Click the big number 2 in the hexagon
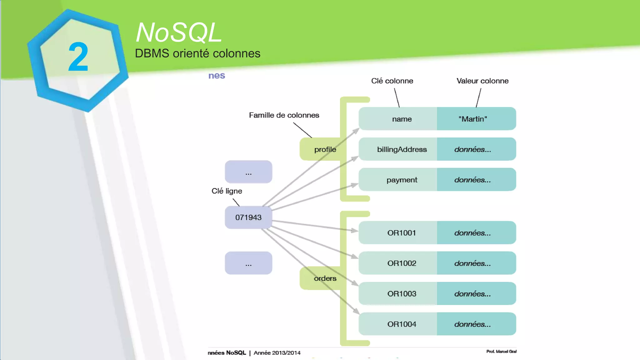point(78,57)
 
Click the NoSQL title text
point(179,32)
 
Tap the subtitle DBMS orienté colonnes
point(197,53)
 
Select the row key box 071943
point(248,217)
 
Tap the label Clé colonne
point(392,81)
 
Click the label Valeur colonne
point(482,81)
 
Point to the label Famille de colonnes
point(284,115)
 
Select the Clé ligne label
point(227,191)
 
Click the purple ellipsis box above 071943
point(248,172)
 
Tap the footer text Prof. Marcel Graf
point(501,352)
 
